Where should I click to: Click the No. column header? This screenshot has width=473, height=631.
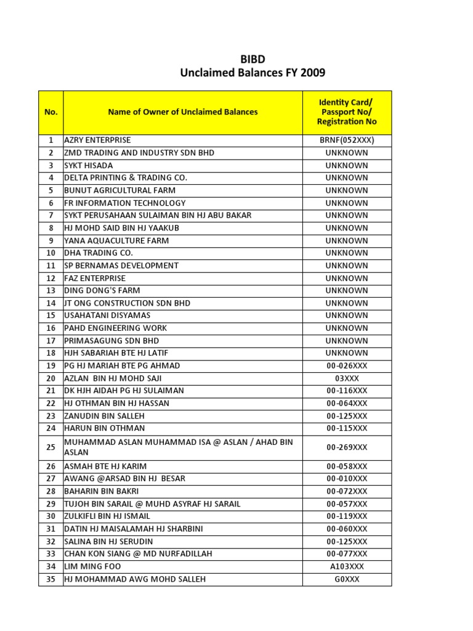(x=51, y=112)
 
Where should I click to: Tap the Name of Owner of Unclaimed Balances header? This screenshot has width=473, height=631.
(x=183, y=112)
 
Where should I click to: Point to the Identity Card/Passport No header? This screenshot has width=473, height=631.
(x=347, y=112)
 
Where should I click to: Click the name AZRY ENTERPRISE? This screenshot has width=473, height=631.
(x=97, y=140)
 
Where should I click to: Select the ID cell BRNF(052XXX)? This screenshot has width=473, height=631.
(x=347, y=140)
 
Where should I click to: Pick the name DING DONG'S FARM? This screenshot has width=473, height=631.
(x=102, y=290)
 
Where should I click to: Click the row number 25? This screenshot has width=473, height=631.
(x=51, y=447)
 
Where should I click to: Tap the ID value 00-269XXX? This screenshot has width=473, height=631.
(x=347, y=447)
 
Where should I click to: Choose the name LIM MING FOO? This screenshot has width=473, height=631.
(x=93, y=566)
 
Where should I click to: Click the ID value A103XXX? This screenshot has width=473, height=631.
(x=347, y=566)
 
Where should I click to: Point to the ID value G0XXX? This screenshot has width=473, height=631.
(x=347, y=579)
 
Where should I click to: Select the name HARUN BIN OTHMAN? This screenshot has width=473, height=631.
(x=105, y=428)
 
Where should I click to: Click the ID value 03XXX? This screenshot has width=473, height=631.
(x=347, y=378)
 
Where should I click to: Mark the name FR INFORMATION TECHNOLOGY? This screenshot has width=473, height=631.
(x=125, y=203)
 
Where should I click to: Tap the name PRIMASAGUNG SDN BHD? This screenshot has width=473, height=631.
(x=111, y=341)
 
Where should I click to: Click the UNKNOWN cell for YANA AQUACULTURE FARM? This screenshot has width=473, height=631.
(x=347, y=240)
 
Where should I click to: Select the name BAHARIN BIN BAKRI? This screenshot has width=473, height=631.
(x=102, y=491)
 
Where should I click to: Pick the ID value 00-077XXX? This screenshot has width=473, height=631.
(x=347, y=554)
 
